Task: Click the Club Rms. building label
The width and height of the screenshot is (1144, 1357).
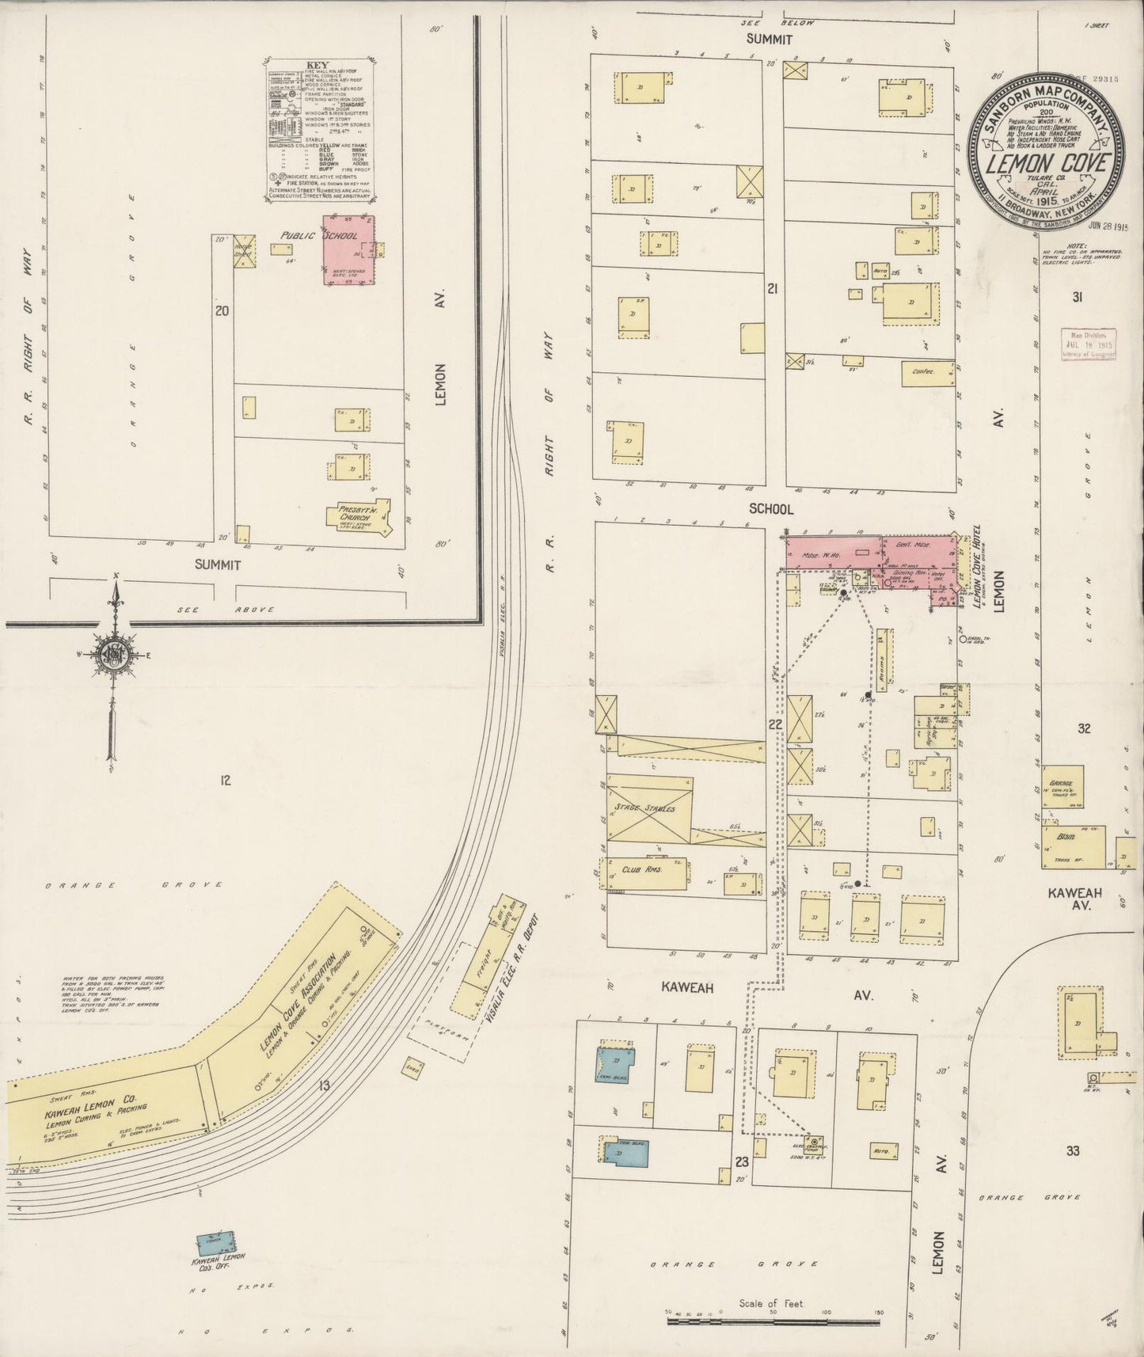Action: (642, 869)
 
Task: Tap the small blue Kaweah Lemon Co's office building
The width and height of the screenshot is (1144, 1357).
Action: (217, 1241)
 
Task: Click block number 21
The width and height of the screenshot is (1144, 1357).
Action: (772, 289)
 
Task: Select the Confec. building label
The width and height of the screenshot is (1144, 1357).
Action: (924, 371)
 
